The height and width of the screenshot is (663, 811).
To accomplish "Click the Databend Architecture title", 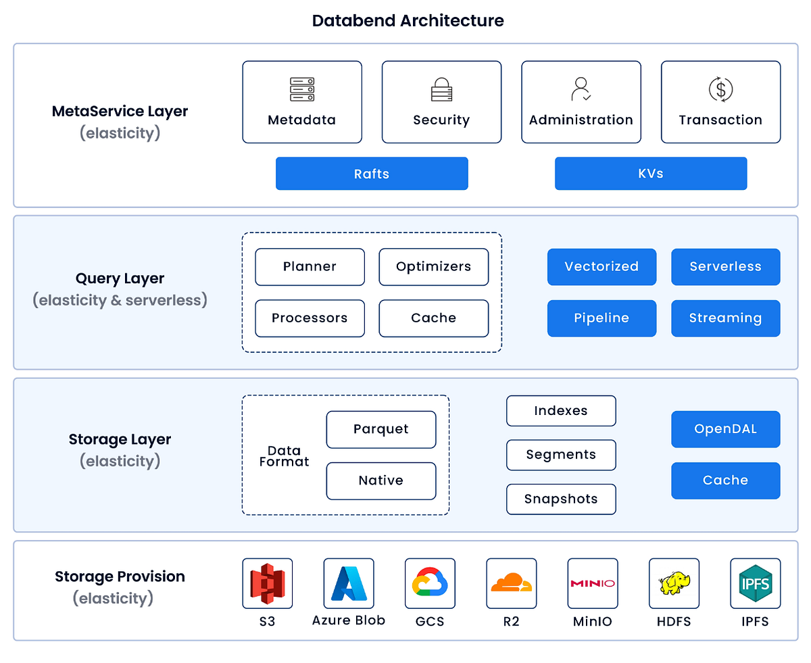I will [408, 20].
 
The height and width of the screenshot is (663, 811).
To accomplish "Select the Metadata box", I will [302, 102].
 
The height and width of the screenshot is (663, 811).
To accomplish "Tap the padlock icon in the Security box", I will [441, 90].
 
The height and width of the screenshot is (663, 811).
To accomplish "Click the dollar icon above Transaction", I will [720, 89].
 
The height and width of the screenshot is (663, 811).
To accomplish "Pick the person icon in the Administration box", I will [581, 89].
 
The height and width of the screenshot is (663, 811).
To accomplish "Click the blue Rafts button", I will [372, 174].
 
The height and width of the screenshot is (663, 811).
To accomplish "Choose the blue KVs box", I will [651, 174].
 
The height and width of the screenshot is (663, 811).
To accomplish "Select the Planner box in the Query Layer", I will [310, 267].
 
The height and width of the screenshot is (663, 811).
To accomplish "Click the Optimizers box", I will [433, 267].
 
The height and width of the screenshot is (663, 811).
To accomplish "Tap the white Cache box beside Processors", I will [433, 318].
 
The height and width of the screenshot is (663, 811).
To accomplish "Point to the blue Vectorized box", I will [601, 267].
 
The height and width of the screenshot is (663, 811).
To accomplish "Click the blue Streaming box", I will [725, 318].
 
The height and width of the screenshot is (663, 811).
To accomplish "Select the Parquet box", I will [381, 429].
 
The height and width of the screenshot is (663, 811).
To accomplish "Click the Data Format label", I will [284, 456].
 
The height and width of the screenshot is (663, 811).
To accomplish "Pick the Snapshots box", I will [561, 499].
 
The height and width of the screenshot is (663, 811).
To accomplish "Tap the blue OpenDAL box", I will [725, 429].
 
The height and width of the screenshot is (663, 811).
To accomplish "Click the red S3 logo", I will [268, 583].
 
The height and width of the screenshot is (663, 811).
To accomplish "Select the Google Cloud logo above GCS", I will [430, 583].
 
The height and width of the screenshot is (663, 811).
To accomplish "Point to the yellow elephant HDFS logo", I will [674, 583].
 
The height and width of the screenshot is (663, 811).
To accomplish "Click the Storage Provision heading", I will [120, 576].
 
